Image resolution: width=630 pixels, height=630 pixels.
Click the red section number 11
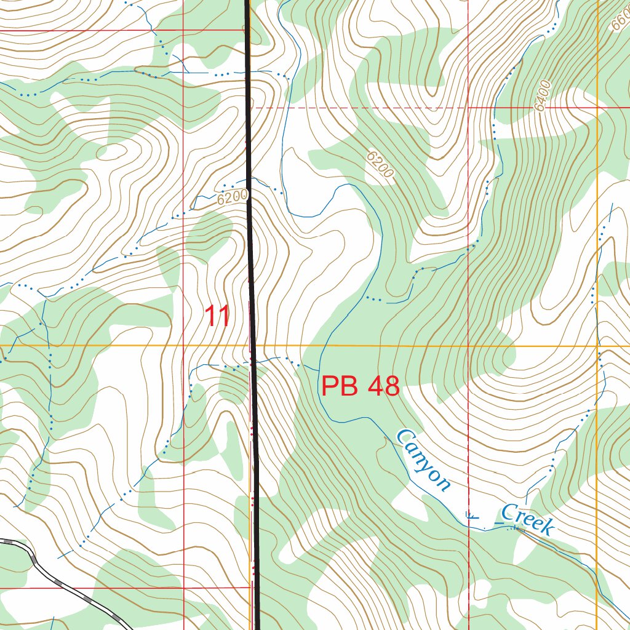[217, 316]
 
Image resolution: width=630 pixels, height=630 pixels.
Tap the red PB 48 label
[361, 387]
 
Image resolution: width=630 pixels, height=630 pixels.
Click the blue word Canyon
[423, 460]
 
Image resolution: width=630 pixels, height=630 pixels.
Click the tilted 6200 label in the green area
[379, 165]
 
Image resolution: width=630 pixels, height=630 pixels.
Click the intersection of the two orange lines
[597, 346]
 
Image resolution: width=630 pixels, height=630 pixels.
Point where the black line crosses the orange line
[252, 346]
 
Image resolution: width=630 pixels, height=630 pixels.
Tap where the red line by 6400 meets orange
[597, 107]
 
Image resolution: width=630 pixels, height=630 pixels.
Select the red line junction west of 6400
[469, 107]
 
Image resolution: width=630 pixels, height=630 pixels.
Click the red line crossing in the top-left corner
[184, 30]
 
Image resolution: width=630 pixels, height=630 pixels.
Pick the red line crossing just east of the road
[184, 588]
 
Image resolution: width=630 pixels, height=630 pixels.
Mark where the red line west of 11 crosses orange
[184, 346]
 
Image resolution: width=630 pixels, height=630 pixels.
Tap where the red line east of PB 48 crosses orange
[469, 346]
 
